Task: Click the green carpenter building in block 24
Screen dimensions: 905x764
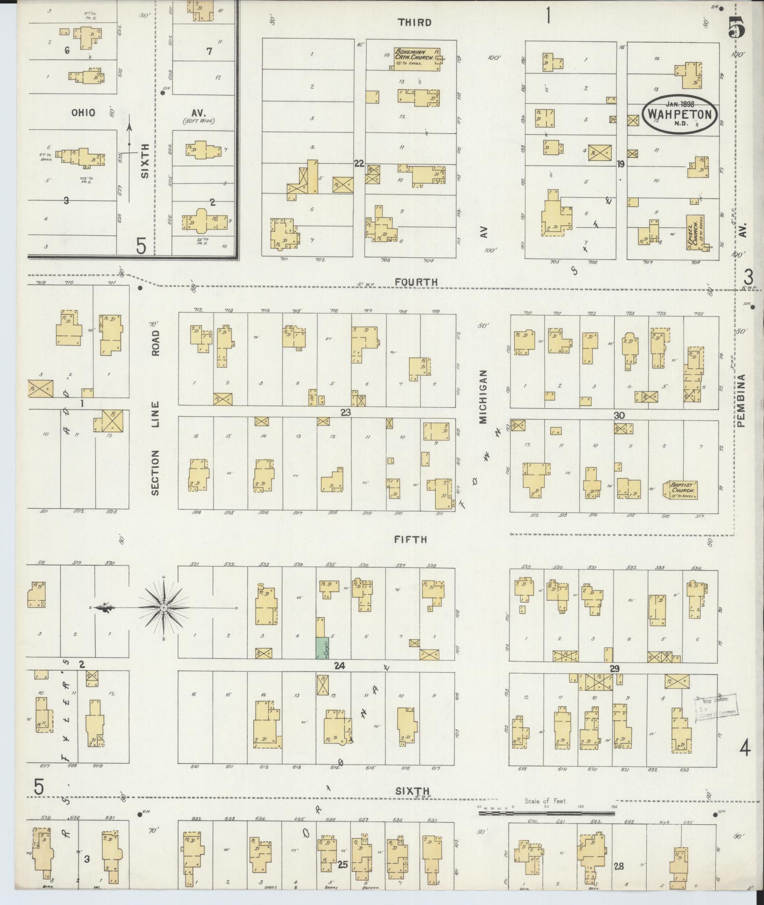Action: [x=321, y=648]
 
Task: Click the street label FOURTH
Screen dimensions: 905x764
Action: [x=416, y=282]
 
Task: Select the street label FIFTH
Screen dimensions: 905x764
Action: [x=411, y=540]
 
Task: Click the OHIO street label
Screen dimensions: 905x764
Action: [x=84, y=113]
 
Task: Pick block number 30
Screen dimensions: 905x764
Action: [x=619, y=415]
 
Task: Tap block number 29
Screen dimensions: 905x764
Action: [x=614, y=668]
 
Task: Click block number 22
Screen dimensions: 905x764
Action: [x=359, y=163]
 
